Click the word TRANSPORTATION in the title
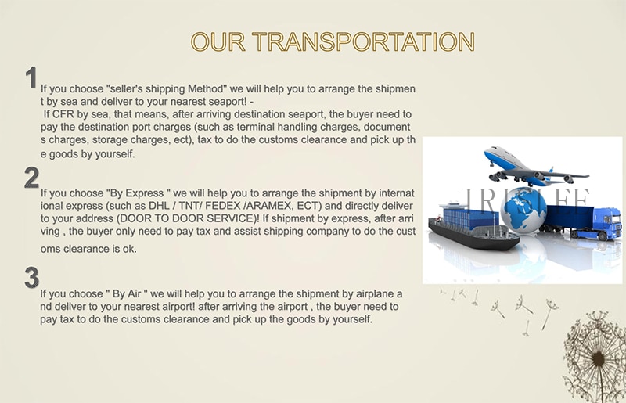click(363, 41)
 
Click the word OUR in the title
click(218, 41)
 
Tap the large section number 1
click(31, 77)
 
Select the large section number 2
click(31, 178)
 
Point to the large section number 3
click(31, 278)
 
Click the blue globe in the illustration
click(522, 210)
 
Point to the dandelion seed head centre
click(598, 359)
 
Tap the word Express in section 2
click(145, 193)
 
